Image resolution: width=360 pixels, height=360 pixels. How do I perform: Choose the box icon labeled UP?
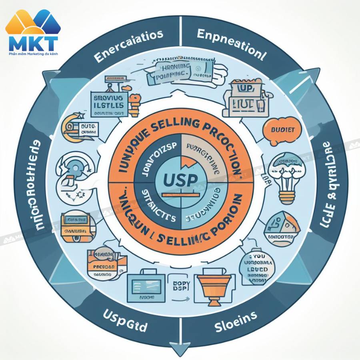pos(245,96)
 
